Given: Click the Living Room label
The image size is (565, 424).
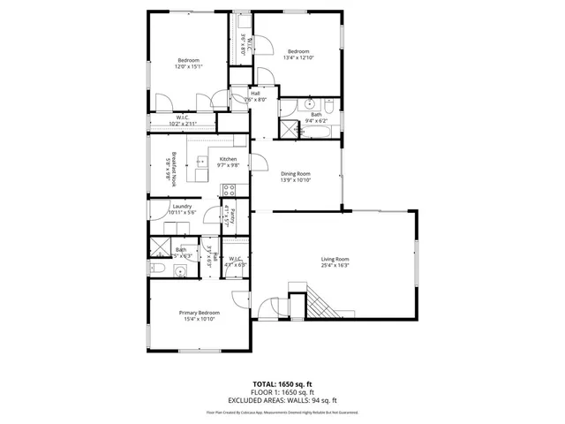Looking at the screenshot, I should pos(335,258).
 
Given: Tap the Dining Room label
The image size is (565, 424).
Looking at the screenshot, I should pos(296,173).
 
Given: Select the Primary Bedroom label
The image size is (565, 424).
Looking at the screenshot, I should pos(200,313).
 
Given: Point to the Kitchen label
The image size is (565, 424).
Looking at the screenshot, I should pos(229,159).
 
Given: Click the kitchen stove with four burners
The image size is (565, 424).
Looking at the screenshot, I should pos(228,189).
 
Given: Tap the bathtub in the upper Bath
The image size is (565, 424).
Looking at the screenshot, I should pos(313,132).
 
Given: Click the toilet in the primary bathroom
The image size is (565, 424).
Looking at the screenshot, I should pos(158,268).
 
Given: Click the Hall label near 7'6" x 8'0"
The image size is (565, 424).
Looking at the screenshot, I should pos(255,93).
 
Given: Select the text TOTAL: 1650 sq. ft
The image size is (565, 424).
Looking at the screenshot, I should pos(282,383).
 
